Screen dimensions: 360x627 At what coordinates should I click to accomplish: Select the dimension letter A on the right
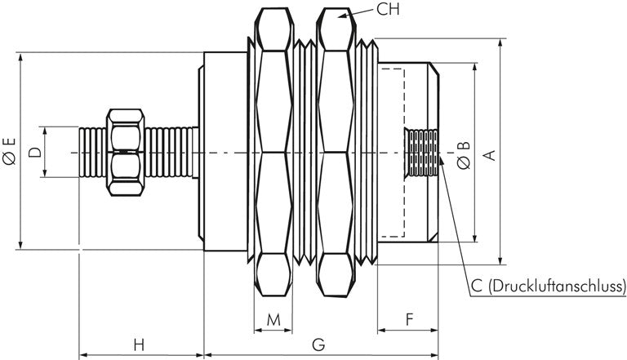[491, 152]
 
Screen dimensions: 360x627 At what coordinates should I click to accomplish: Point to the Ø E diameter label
[9, 152]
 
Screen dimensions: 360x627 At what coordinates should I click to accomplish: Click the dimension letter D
[33, 152]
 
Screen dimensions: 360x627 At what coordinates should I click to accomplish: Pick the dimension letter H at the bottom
[139, 344]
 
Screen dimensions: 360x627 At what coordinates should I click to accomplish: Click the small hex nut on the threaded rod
[126, 152]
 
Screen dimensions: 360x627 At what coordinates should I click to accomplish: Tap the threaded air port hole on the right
[422, 153]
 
